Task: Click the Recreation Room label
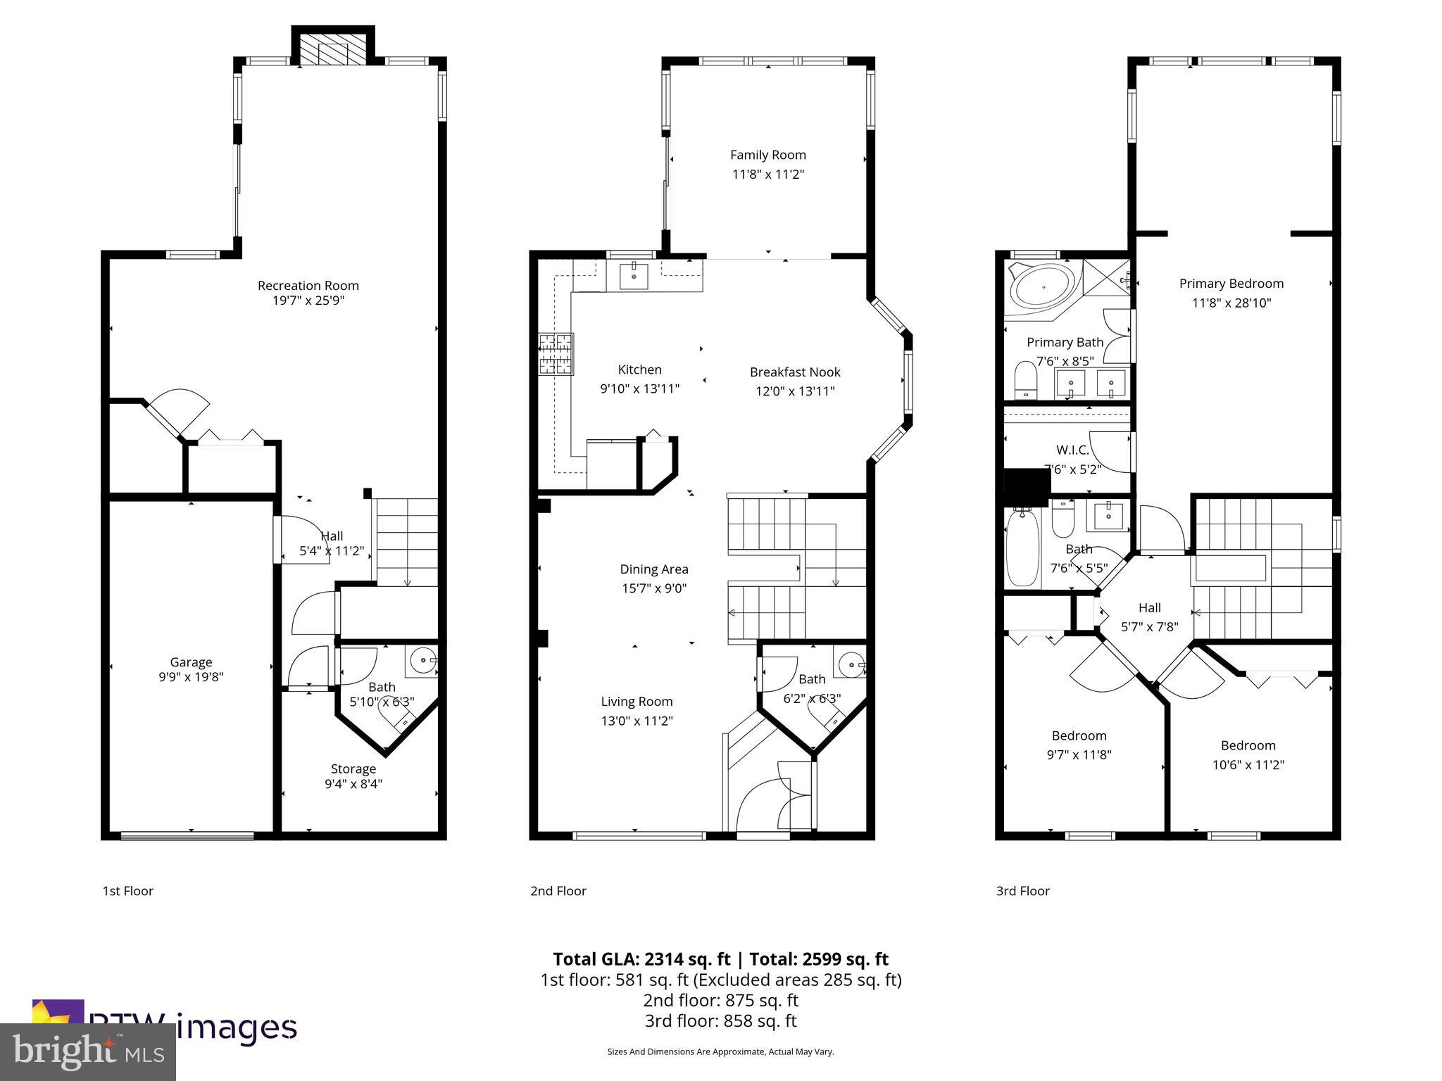308,285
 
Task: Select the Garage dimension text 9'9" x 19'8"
191,677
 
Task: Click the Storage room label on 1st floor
353,769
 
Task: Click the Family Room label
767,155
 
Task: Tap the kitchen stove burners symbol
556,354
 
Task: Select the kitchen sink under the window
634,276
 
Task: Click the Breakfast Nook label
795,372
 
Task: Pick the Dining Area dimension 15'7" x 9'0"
653,588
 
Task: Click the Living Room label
637,701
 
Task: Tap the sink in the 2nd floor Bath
851,664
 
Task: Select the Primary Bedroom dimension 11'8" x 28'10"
1231,303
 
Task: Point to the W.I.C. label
1072,450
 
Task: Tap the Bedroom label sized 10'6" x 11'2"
1248,745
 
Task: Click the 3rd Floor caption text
1022,891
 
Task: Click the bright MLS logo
88,1052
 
